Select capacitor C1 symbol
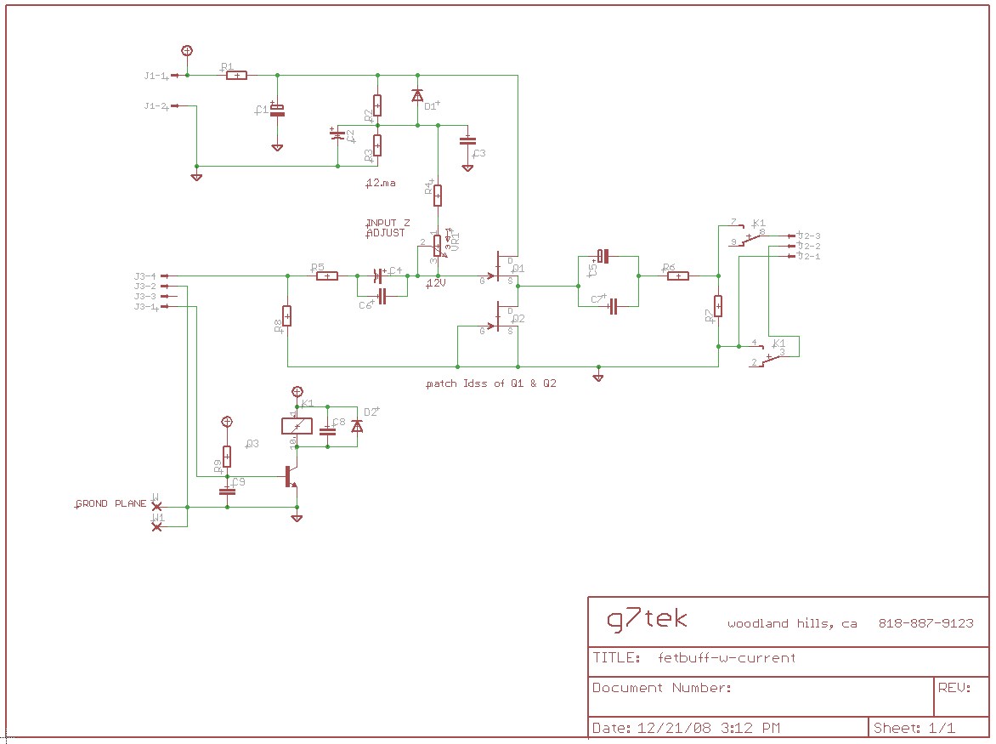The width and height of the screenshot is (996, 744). point(277,111)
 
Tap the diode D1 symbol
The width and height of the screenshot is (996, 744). point(417,95)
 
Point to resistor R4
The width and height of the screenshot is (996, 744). point(438,196)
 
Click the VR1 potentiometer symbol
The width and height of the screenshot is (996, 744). point(438,246)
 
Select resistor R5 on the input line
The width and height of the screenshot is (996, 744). point(326,275)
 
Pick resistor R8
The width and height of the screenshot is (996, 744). point(287,315)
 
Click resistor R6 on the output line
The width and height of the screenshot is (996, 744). point(677,275)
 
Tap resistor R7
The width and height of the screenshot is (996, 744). point(718,305)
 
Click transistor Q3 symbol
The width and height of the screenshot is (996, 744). point(290,477)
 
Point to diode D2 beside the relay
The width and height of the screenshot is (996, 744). point(357,426)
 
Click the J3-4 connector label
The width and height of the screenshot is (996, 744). point(144,275)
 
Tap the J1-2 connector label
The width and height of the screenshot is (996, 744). point(155,106)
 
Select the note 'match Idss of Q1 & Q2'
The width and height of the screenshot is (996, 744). point(491,383)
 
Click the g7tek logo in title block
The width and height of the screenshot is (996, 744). point(647,619)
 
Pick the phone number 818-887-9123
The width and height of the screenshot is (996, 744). point(925,623)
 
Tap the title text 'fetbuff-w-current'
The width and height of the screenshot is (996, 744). point(727,657)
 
